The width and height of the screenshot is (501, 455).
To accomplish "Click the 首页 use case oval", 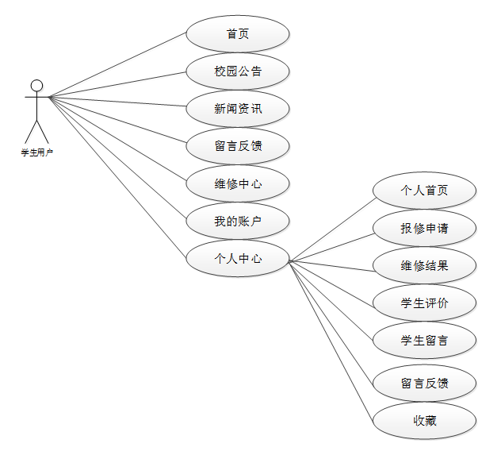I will point(237,34).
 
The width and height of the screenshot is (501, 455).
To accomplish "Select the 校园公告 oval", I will point(237,71).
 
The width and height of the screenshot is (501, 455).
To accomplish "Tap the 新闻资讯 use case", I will point(237,109).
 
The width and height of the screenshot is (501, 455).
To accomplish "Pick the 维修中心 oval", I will point(237,184).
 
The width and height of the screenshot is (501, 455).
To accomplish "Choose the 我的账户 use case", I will point(237,222).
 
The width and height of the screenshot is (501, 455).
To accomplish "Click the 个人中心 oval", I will point(237,258).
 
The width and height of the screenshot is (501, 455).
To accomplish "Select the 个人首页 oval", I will point(424,191).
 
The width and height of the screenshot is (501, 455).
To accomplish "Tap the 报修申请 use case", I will point(424,228).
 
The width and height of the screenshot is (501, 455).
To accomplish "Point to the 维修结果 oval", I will point(424,265).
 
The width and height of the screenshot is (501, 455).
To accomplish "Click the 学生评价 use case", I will point(424,303).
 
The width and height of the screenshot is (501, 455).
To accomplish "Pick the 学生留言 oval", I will point(424,340).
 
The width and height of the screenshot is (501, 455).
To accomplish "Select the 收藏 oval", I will point(424,420).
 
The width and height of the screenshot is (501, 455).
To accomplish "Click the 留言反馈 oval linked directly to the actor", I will point(237,146).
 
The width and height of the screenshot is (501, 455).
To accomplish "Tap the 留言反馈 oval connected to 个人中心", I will point(424,384).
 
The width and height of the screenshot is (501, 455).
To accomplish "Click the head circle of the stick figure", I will point(36,85).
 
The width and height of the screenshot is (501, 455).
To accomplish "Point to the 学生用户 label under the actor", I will point(36,152).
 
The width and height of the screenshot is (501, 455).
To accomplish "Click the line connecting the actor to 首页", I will point(117,65).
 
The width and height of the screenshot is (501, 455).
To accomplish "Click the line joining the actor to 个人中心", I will point(117,175).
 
